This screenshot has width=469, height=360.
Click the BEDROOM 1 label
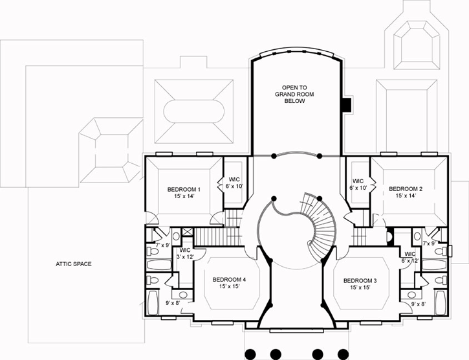pos(184,189)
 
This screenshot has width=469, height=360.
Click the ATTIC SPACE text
pos(73,264)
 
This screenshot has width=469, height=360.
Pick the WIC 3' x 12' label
pos(184,253)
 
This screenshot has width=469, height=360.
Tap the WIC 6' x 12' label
pos(409,256)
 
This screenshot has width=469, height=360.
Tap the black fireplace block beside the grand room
pos(347,103)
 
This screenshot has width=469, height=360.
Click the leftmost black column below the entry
pos(251,354)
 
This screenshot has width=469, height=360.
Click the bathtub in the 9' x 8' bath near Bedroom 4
pos(153,302)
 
